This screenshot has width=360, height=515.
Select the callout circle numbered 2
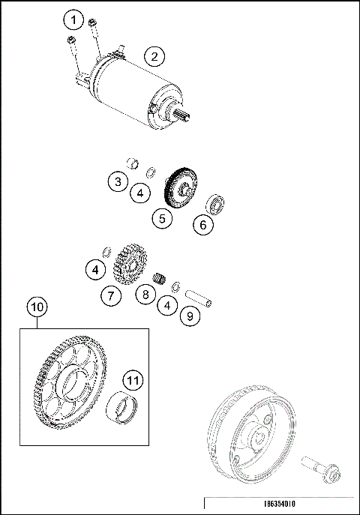point(154,56)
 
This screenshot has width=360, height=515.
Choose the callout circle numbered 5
point(162,218)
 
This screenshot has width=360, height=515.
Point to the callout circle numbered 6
point(202,223)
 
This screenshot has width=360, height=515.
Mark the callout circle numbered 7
point(110,296)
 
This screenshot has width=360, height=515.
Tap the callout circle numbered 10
point(37,306)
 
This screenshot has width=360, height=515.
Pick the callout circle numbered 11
point(133,381)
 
